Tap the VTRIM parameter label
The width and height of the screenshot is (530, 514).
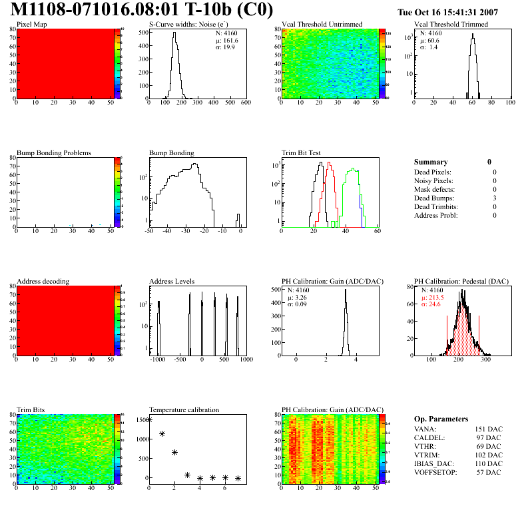tap(427, 455)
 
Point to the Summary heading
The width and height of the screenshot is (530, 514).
tap(431, 162)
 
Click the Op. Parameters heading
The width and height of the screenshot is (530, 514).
tap(443, 419)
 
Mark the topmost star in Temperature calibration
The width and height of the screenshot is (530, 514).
tap(149, 419)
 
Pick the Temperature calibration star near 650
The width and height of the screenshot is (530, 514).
tap(174, 452)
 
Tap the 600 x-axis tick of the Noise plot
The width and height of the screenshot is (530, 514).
tap(245, 103)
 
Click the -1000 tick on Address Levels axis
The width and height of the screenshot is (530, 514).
tap(158, 359)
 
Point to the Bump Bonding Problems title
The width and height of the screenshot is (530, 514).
tap(54, 152)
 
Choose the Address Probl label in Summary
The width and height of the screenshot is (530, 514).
tap(435, 215)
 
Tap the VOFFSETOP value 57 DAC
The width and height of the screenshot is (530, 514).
tap(489, 472)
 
